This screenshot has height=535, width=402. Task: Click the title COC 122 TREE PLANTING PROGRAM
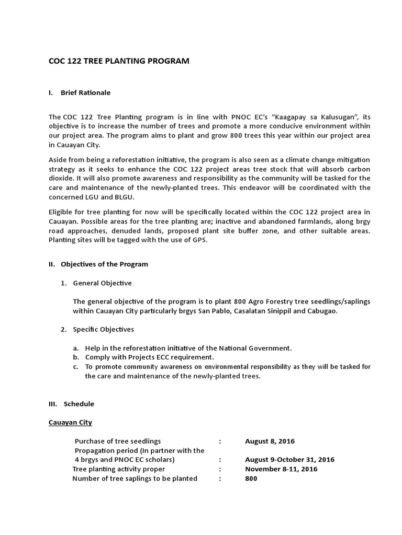point(119,61)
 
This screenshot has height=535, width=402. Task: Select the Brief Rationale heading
point(85,92)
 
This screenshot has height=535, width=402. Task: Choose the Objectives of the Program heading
point(104,264)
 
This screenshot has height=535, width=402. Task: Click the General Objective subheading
point(102,283)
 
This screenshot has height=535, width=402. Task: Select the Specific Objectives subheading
point(103,329)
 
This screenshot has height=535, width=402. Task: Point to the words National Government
point(259,347)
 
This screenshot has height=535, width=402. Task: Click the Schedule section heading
point(79,404)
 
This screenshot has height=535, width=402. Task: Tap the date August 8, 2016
point(270,441)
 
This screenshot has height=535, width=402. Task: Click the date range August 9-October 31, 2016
point(289,460)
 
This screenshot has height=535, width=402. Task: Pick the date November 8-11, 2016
point(281,469)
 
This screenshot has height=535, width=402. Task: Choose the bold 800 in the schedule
point(251,479)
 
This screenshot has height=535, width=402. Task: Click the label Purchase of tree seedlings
point(118,441)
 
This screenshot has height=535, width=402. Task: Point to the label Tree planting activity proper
point(118,469)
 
